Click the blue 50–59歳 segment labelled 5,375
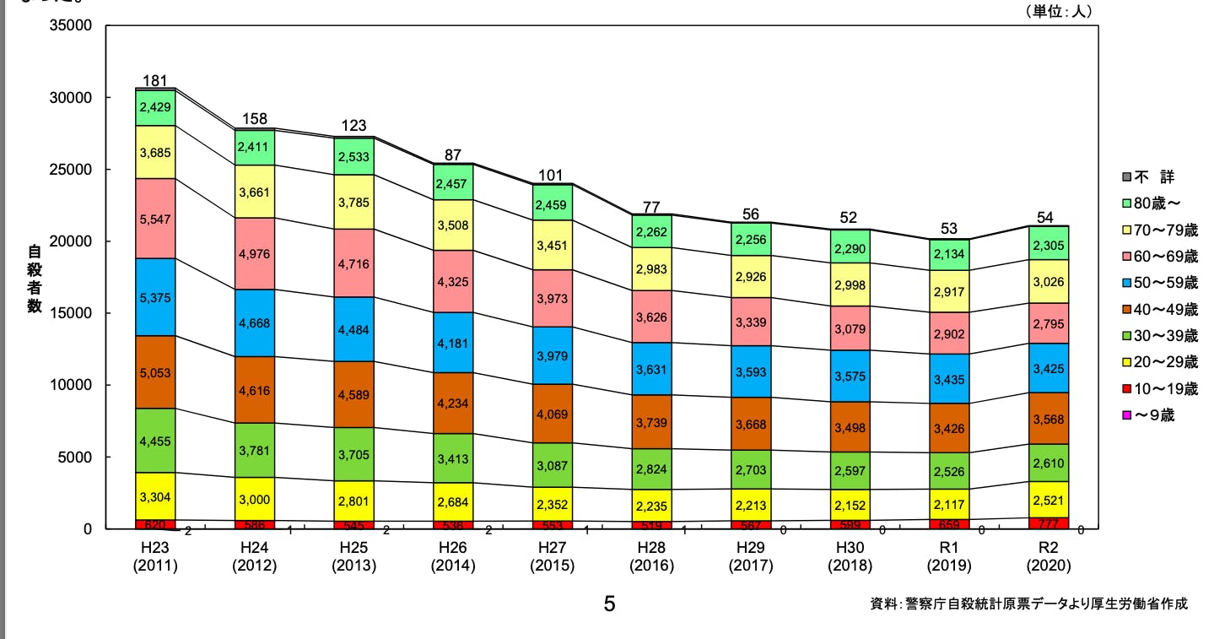click(154, 297)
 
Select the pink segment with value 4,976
click(254, 253)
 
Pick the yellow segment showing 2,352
click(553, 504)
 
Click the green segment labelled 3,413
click(454, 458)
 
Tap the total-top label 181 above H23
click(154, 81)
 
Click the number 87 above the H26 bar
click(454, 155)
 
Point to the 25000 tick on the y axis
click(72, 170)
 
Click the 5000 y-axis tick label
click(76, 458)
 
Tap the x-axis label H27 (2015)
click(553, 557)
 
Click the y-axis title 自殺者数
click(35, 278)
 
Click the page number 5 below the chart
click(609, 604)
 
